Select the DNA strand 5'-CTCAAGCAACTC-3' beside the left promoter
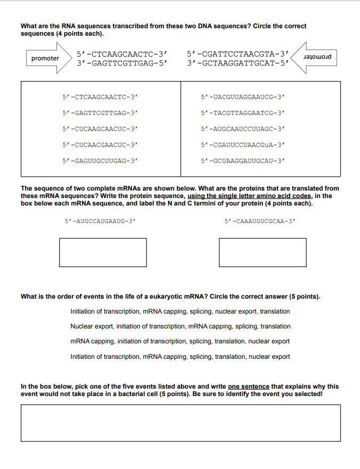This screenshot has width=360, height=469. pos(122,54)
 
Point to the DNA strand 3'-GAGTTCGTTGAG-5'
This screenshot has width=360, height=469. pos(122,63)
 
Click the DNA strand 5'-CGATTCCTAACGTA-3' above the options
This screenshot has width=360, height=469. pos(238,54)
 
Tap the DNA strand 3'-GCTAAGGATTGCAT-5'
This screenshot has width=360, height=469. pos(238,63)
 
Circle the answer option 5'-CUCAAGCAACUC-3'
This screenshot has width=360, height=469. pos(100,129)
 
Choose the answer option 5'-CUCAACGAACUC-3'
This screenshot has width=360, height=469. pos(100,144)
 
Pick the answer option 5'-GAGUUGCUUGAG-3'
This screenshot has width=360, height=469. pos(100,160)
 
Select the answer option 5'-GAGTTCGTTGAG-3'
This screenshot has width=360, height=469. pos(100,113)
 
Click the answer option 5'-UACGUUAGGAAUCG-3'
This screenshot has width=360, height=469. pos(243,97)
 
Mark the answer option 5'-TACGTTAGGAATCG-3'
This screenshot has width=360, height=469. pos(243,113)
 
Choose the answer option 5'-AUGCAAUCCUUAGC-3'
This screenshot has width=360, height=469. pos(243,129)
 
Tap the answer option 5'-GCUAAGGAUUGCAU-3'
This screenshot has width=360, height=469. pos(243,160)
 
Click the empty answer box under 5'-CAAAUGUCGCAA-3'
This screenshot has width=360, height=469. pos(263,252)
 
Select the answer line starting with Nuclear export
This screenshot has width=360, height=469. pos(180,326)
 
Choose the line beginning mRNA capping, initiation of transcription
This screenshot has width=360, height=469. pos(180,341)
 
